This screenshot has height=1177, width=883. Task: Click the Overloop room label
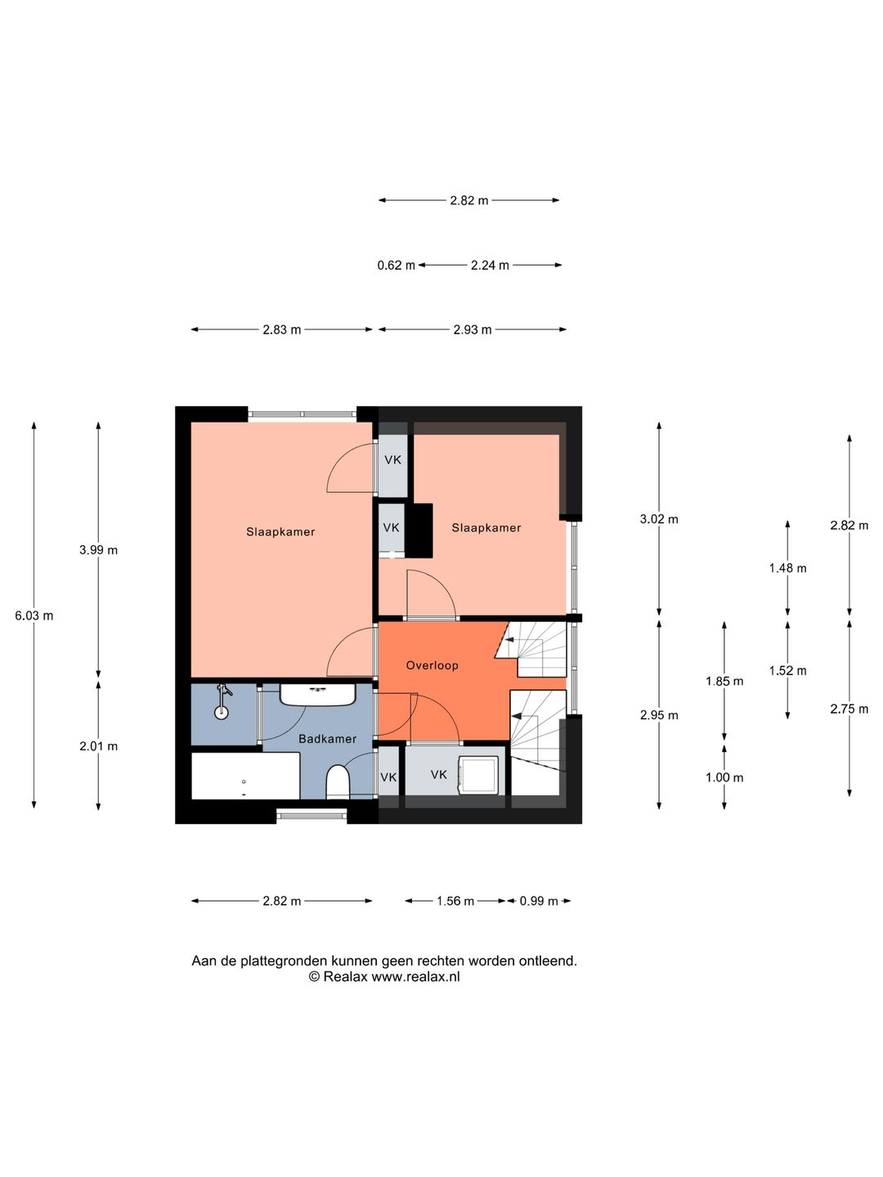coord(432,665)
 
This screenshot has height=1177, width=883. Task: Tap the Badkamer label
coord(327,739)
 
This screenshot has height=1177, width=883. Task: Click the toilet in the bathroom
coord(338,781)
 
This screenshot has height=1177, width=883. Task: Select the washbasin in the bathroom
coord(317,695)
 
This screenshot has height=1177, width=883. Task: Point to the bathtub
coord(245,776)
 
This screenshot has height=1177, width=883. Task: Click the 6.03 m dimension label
coord(34,615)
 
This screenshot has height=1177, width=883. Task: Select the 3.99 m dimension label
coord(98,550)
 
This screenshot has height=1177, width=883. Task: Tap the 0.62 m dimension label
coord(397,265)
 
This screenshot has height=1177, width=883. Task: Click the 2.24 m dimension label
coord(490,265)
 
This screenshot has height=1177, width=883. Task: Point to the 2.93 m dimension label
coord(473,329)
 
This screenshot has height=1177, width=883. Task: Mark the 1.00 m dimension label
coord(724,777)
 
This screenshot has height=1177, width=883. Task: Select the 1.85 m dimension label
coord(724,682)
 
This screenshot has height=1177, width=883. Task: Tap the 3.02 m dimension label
coord(659,519)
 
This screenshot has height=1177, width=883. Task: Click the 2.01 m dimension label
coord(98,746)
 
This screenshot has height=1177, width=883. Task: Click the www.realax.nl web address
coord(415,977)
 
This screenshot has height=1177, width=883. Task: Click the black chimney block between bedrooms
coord(419,530)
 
